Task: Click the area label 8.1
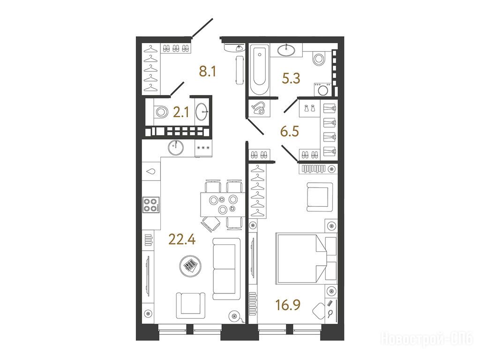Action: click(208, 72)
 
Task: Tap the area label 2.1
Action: click(181, 113)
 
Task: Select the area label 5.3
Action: click(291, 78)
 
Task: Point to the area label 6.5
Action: click(290, 132)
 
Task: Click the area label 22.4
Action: click(182, 239)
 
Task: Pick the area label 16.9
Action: click(288, 305)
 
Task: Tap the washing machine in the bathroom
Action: click(322, 89)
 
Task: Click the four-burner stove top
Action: click(151, 205)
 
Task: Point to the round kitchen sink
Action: click(176, 147)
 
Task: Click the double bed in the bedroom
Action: click(306, 258)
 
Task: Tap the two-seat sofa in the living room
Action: click(226, 269)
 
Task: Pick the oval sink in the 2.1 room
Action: click(202, 112)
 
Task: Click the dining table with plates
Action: click(222, 204)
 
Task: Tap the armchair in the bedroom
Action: click(320, 197)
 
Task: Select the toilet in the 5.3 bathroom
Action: click(319, 59)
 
